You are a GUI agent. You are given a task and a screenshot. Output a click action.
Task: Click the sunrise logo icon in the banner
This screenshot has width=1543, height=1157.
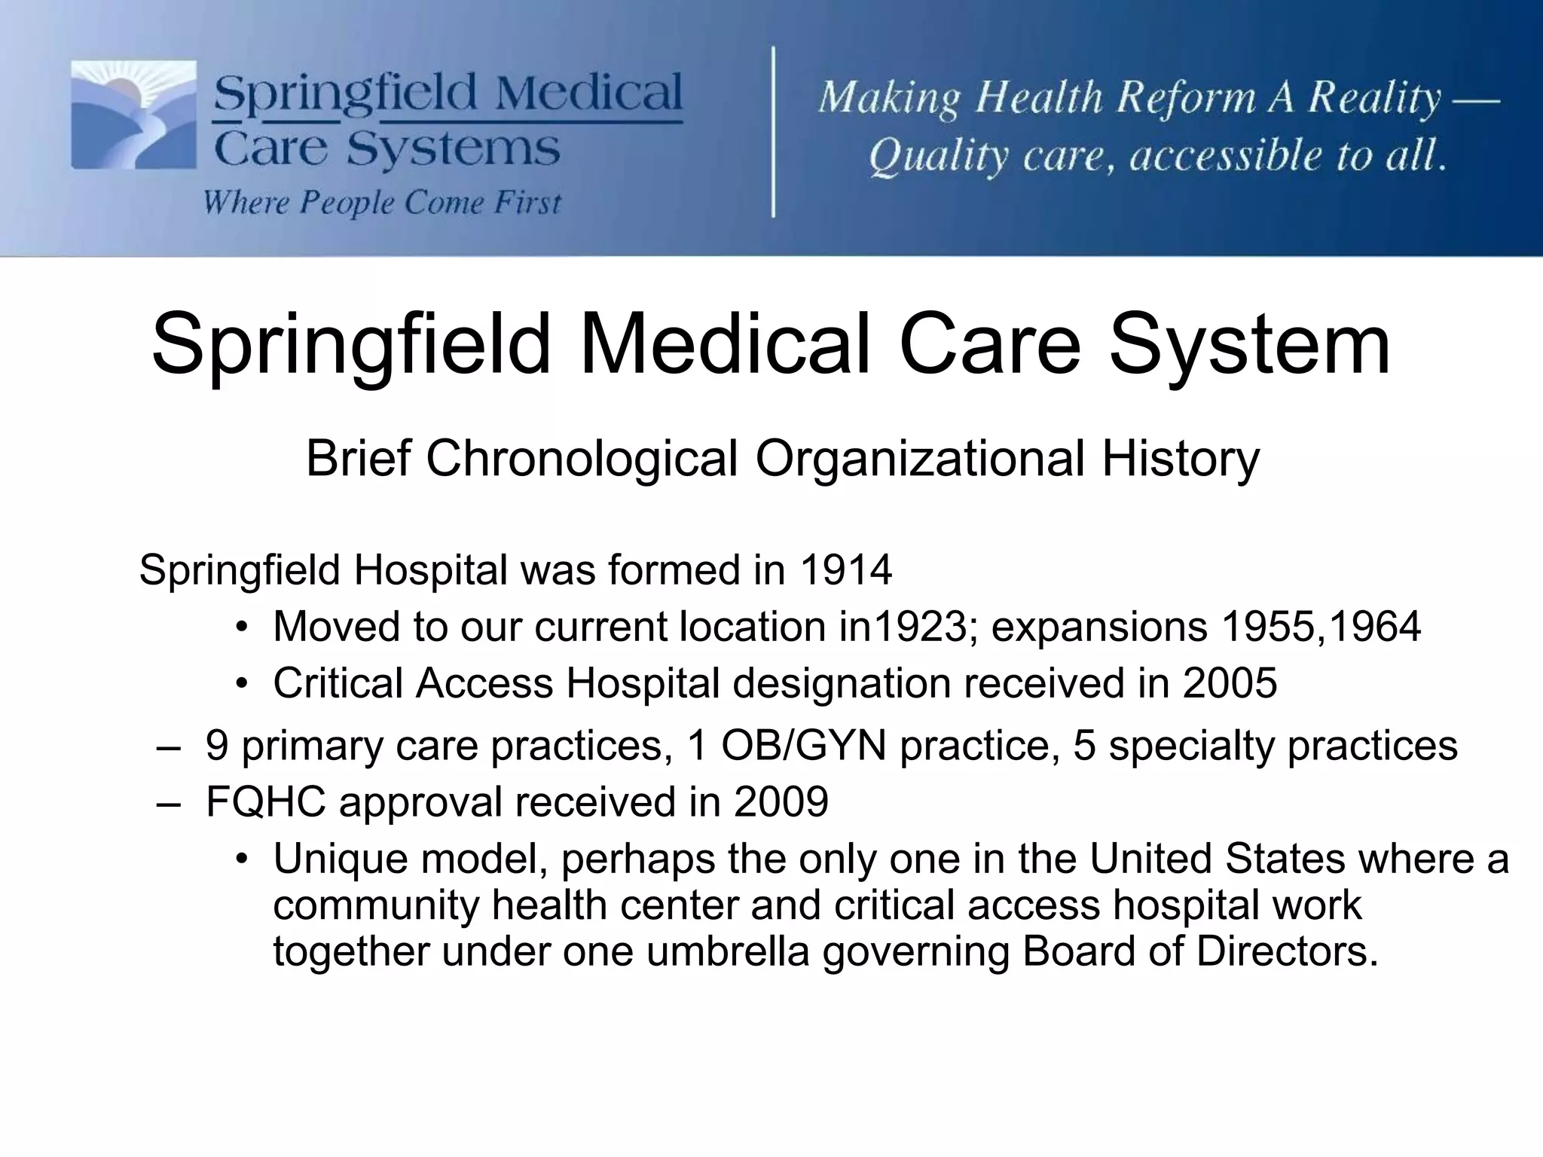[x=133, y=114]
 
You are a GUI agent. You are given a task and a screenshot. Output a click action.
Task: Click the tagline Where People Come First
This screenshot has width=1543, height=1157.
[x=382, y=203]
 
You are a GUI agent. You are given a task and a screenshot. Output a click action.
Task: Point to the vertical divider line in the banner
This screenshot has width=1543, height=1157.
[x=774, y=132]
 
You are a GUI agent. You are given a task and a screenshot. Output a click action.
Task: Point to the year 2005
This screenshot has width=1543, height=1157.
[x=1230, y=683]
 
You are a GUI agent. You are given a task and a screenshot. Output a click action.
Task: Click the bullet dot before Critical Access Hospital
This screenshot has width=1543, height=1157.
[x=241, y=684]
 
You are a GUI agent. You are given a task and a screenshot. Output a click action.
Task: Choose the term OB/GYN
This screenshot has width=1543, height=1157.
[x=803, y=746]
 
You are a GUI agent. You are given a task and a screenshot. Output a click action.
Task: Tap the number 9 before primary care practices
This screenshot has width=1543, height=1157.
[x=217, y=746]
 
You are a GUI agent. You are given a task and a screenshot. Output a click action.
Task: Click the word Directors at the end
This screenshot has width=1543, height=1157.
[x=1286, y=951]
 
